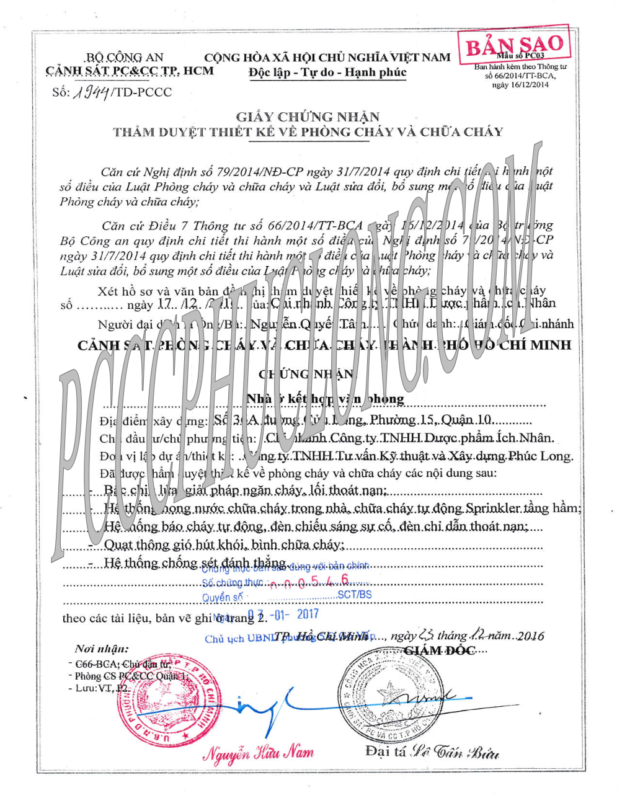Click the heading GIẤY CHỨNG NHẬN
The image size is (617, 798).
pos(308,116)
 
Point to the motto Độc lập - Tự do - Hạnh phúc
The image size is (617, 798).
pos(327,72)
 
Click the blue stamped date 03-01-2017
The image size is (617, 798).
pos(283,614)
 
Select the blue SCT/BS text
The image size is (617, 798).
pos(355,594)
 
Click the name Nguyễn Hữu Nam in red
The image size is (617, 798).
pos(259,753)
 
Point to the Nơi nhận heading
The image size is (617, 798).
pos(102,649)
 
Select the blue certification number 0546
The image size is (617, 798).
pos(316,582)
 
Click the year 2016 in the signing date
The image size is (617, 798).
pos(530,636)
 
